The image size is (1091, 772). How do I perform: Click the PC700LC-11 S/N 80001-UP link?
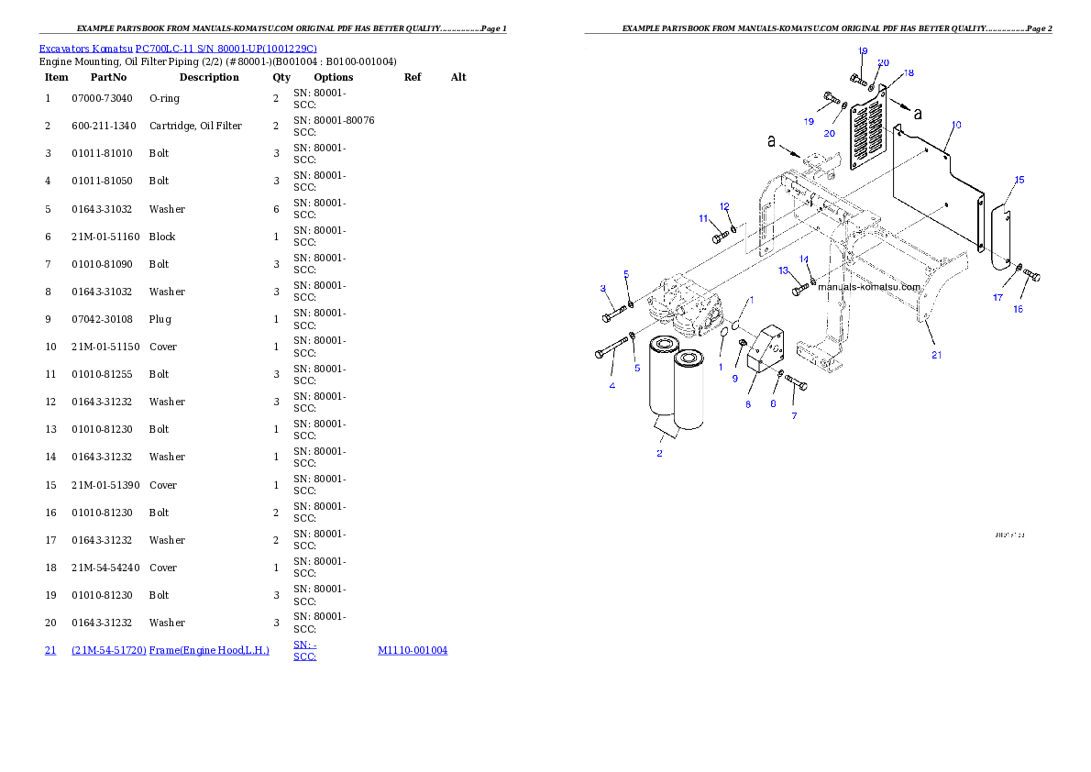pyautogui.click(x=226, y=49)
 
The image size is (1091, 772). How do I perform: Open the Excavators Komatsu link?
pyautogui.click(x=85, y=49)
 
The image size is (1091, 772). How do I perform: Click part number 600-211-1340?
pyautogui.click(x=104, y=126)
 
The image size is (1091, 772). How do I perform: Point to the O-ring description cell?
pyautogui.click(x=164, y=98)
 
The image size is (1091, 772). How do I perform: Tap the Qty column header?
pyautogui.click(x=281, y=77)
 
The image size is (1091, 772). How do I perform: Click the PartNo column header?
pyautogui.click(x=108, y=77)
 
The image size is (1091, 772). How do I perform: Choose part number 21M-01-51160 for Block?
pyautogui.click(x=105, y=237)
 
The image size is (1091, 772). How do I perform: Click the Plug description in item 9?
pyautogui.click(x=160, y=319)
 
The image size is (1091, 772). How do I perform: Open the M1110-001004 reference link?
pyautogui.click(x=413, y=650)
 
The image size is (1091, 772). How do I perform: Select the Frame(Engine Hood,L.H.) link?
pyautogui.click(x=209, y=650)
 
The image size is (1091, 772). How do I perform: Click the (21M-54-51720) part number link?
pyautogui.click(x=108, y=650)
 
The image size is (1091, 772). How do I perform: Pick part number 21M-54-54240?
pyautogui.click(x=105, y=568)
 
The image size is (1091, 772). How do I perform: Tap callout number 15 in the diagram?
pyautogui.click(x=1019, y=180)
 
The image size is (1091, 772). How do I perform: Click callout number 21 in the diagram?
pyautogui.click(x=937, y=355)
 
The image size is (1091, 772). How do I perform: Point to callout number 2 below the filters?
pyautogui.click(x=659, y=453)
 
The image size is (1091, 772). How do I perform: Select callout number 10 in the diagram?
pyautogui.click(x=957, y=125)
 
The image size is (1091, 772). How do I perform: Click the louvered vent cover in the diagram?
pyautogui.click(x=868, y=128)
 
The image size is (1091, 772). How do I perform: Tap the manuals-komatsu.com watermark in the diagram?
pyautogui.click(x=869, y=287)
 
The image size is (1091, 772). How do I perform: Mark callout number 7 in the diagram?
pyautogui.click(x=795, y=415)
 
